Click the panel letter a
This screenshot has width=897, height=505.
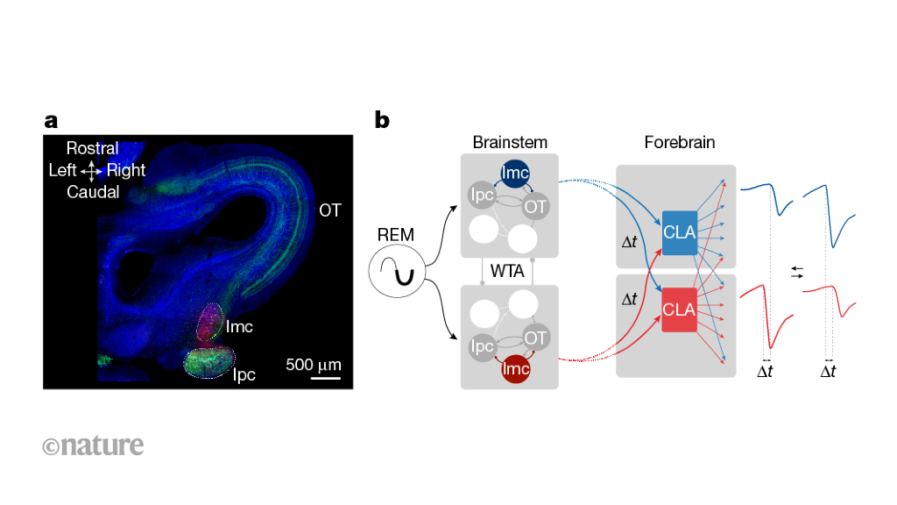click(51, 121)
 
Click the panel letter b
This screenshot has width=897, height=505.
click(382, 120)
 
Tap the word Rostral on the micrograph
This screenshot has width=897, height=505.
click(92, 148)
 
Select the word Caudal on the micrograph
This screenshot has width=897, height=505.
click(93, 192)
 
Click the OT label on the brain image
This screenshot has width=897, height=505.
click(329, 210)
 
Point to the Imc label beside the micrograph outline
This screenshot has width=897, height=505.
click(239, 327)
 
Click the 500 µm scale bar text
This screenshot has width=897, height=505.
click(314, 365)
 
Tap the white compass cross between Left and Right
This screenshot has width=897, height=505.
click(91, 171)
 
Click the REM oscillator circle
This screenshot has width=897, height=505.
click(397, 271)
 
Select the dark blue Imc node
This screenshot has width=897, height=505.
click(515, 174)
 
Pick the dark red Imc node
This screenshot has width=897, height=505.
click(515, 368)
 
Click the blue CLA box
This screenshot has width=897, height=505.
click(680, 232)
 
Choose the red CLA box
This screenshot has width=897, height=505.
click(680, 309)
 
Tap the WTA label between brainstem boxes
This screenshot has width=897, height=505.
click(507, 271)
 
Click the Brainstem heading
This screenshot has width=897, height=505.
click(510, 142)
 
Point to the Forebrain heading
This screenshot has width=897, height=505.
click(680, 142)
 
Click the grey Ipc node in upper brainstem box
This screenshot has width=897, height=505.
click(481, 196)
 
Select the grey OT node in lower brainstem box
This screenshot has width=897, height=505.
click(535, 338)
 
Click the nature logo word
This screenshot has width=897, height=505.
click(93, 445)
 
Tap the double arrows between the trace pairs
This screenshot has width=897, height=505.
click(797, 273)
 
